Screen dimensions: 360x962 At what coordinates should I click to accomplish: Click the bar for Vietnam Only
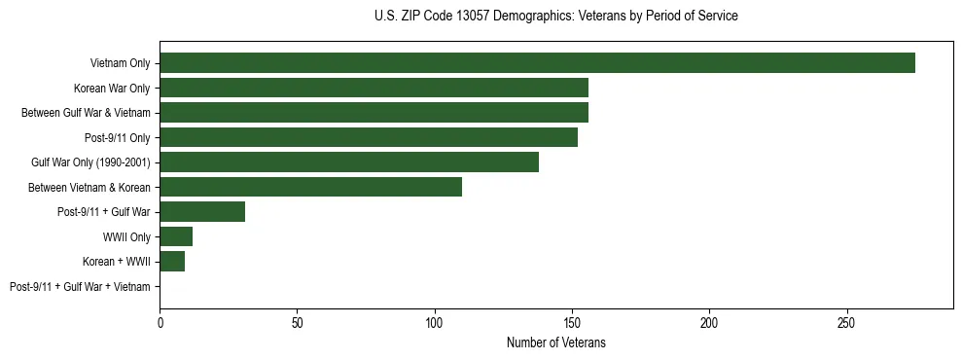537,63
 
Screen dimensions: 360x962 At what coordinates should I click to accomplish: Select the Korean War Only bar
374,88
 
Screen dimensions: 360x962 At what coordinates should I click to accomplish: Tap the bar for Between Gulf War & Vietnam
374,113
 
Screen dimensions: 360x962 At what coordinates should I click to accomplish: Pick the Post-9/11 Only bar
369,137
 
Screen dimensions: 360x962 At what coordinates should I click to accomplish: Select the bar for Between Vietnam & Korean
310,187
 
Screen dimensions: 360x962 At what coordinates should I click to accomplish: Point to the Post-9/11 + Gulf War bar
202,211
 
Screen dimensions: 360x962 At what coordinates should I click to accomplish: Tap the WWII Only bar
176,236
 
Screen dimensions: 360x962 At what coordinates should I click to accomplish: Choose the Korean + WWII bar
172,261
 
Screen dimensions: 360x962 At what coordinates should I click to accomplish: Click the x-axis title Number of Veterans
556,342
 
